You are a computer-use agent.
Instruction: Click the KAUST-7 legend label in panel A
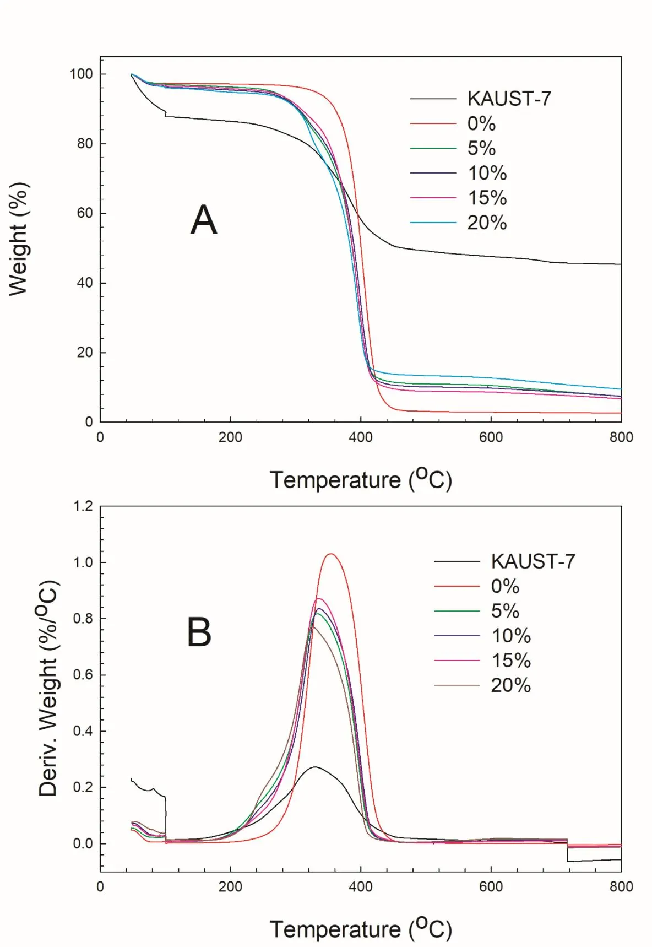click(509, 99)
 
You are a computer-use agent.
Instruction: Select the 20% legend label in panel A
click(487, 223)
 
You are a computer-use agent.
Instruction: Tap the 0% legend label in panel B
click(505, 586)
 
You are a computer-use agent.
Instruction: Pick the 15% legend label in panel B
click(511, 661)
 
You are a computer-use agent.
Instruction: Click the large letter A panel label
click(204, 220)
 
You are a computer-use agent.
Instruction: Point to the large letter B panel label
click(199, 632)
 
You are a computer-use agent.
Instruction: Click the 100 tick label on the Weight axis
click(81, 74)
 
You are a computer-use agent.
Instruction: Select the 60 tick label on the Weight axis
click(85, 213)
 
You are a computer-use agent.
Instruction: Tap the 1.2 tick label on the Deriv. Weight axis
click(83, 506)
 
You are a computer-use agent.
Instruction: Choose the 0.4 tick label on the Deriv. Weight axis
click(83, 731)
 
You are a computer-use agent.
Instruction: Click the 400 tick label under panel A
click(360, 437)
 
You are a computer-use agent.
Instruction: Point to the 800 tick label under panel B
click(621, 886)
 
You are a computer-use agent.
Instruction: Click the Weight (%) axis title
click(19, 239)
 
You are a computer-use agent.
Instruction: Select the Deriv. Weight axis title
click(48, 689)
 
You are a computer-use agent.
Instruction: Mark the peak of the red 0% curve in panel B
click(331, 554)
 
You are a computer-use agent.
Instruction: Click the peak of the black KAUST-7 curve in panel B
click(314, 766)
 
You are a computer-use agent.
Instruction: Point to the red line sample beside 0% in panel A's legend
click(433, 123)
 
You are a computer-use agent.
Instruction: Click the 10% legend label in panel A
click(487, 173)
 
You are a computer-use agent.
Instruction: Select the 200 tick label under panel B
click(230, 886)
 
